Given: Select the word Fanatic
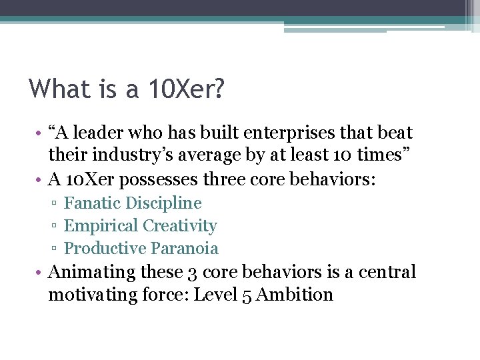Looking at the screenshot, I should click(92, 203).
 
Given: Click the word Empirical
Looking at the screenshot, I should click(100, 225).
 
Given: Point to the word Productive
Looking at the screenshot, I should click(105, 248).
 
